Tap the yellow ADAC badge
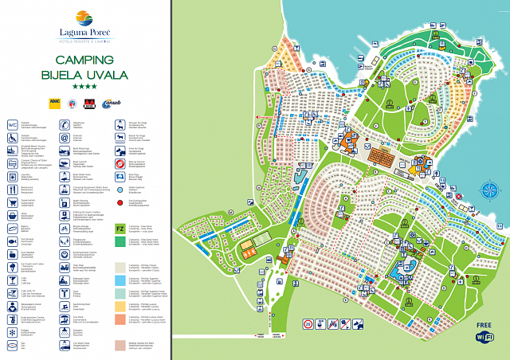click(x=56, y=102)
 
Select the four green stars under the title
click(x=85, y=86)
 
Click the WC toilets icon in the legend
click(x=13, y=124)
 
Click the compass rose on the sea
click(x=489, y=190)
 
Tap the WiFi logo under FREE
click(x=484, y=338)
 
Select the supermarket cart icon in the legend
click(x=13, y=202)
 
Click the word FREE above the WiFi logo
click(x=484, y=325)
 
